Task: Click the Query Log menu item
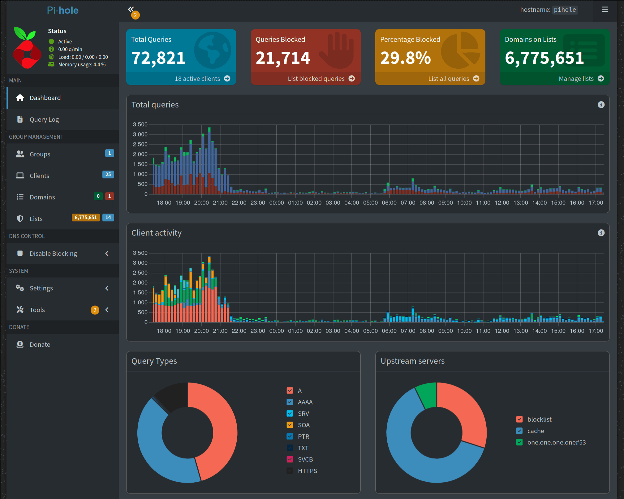point(44,119)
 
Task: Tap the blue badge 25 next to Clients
point(108,175)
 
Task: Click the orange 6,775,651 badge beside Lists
point(86,218)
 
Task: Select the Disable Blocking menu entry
point(53,254)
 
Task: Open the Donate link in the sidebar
point(40,345)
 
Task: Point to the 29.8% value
point(405,58)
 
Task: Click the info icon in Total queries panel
point(601,105)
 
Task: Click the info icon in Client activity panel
point(601,233)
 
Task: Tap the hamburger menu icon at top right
point(605,10)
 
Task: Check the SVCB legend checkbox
point(290,459)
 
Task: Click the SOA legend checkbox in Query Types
point(290,425)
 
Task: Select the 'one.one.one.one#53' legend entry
point(556,442)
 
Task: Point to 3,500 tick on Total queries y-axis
point(140,124)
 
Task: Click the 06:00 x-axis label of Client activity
point(389,331)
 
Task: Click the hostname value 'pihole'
point(565,10)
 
